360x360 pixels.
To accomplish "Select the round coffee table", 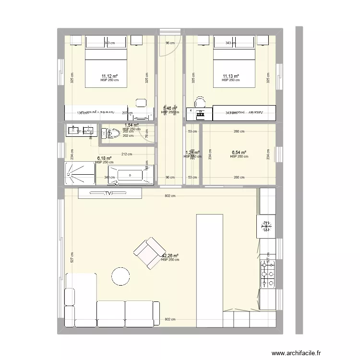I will click(120, 276).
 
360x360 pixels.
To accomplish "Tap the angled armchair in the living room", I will click(149, 250).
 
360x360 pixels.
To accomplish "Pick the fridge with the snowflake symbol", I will click(267, 225).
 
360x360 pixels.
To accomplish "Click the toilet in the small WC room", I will click(110, 134).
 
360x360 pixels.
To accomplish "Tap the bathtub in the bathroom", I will click(131, 175).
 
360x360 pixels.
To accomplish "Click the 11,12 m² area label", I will click(109, 76).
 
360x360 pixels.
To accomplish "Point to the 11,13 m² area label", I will click(230, 76).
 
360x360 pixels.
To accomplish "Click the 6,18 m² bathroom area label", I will click(104, 158).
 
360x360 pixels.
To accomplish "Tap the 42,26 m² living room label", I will click(170, 256).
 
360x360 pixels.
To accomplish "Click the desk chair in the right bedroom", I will click(200, 101).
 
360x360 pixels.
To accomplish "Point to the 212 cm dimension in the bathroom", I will click(126, 154).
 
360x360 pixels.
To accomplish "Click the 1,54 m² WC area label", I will click(132, 125).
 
